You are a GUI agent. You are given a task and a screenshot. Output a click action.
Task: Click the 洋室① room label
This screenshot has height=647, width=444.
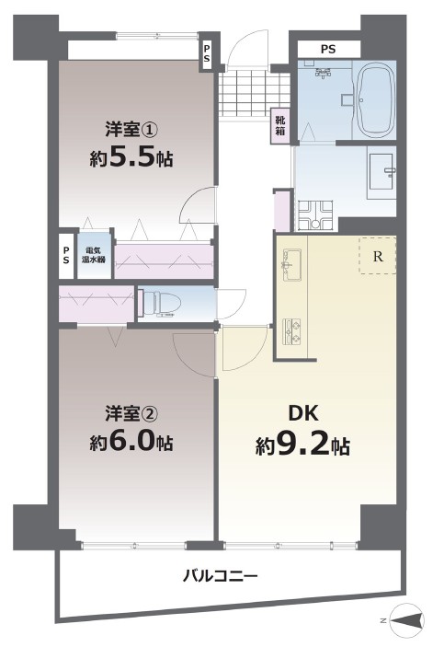pos(131,130)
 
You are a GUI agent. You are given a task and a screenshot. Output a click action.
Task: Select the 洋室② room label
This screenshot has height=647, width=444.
pos(131,414)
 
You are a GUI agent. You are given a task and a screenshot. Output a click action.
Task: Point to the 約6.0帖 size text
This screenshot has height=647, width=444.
pos(131,443)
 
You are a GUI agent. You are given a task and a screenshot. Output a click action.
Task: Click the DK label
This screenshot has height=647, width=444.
pos(303,413)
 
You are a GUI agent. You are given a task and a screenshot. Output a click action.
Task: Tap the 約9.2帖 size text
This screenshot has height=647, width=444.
pos(303,445)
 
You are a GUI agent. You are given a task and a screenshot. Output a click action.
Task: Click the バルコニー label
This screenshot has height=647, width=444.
pos(221,575)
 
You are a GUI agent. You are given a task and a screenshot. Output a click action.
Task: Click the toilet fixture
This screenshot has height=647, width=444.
pos(159,304)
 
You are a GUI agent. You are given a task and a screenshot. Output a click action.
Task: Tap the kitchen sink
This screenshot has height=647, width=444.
pos(291,265)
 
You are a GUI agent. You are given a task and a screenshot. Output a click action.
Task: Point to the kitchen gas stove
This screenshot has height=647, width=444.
pos(291,331)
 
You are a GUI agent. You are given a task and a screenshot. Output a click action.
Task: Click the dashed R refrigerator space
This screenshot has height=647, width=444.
pos(378,256)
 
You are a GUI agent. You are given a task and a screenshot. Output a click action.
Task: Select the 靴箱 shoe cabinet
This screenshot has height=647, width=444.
pos(280,126)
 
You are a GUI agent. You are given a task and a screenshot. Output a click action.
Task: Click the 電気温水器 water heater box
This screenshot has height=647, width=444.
pos(95,256)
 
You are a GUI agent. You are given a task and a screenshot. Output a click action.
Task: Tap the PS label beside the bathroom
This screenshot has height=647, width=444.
pos(328,50)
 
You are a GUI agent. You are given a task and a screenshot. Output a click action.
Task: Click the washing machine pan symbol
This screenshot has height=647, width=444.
pos(316,215)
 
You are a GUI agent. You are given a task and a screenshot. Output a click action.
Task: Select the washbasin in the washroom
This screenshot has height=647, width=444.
pos(382,171)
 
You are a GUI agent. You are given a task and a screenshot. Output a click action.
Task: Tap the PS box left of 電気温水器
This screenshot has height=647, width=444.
pos(66,256)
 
